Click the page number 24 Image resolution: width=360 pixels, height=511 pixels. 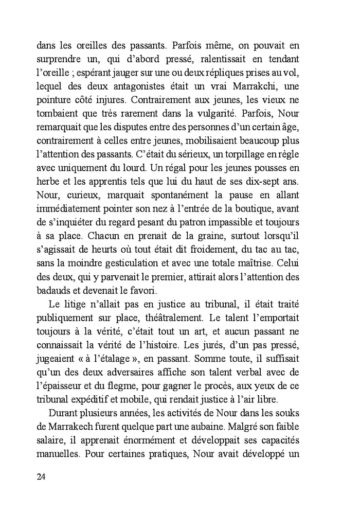click(x=42, y=476)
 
